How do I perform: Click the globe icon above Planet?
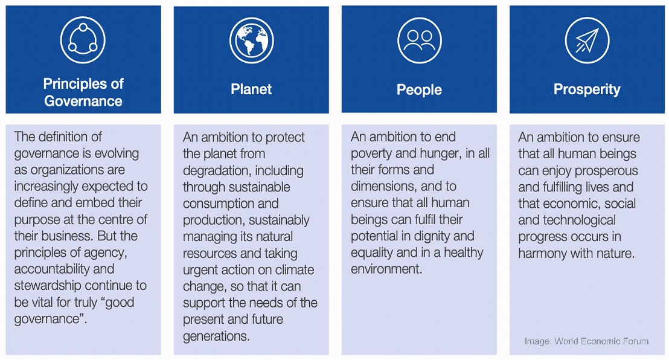tap(251, 40)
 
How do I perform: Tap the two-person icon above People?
tap(420, 40)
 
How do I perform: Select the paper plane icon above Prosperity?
tap(587, 40)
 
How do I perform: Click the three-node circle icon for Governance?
tap(83, 40)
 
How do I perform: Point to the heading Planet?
tap(251, 89)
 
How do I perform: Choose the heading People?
tap(420, 89)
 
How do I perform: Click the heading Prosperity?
tap(587, 89)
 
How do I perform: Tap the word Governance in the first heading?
tap(83, 101)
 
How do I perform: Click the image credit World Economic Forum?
tap(587, 341)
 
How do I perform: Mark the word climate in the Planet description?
tap(295, 270)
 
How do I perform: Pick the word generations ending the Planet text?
tap(216, 336)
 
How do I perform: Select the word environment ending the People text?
tap(386, 269)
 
